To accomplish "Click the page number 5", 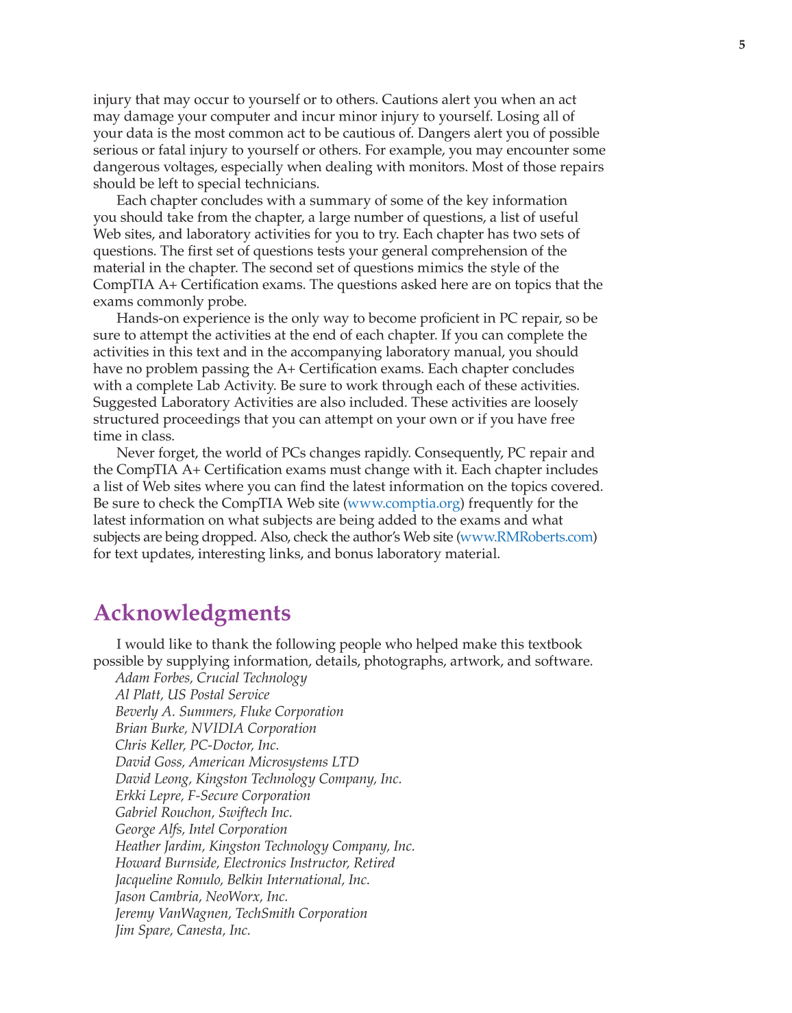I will [742, 45].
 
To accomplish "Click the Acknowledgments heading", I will [192, 613].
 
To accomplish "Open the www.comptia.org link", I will [404, 503].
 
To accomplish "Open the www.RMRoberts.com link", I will [526, 537].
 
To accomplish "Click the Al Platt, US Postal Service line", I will [192, 695].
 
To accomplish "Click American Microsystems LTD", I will [273, 762].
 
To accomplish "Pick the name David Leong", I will [151, 779].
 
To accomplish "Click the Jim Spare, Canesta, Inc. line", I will [182, 930].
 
